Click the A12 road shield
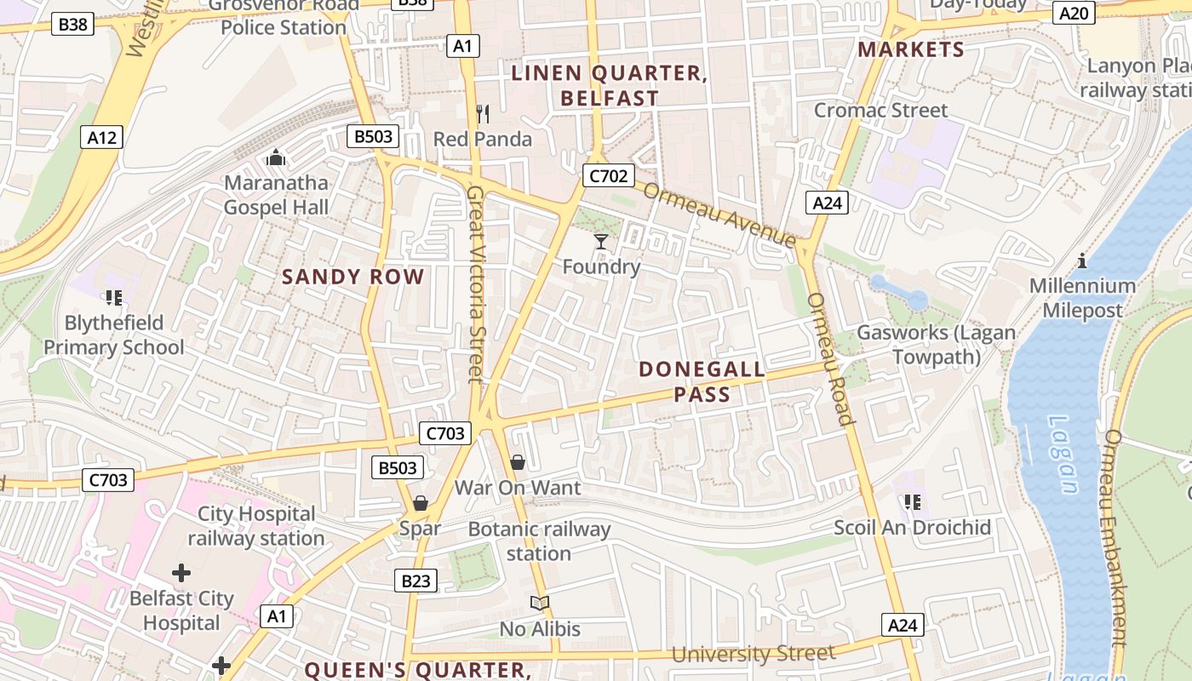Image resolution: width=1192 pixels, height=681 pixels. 102,136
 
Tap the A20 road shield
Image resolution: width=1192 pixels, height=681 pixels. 1075,13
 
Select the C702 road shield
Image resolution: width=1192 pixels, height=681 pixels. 609,176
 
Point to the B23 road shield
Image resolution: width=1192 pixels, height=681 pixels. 415,581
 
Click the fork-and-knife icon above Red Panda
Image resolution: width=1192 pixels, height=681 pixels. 483,113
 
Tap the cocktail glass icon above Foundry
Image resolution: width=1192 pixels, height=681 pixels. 601,242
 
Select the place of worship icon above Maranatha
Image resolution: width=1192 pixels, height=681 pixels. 275,157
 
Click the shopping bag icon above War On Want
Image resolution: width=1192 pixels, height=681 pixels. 517,462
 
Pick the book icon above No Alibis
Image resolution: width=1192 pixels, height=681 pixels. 540,603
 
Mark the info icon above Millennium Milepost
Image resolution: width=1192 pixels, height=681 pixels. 1082,260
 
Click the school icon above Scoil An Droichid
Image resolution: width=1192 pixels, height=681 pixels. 913,502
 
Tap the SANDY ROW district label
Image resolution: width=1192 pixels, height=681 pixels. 352,277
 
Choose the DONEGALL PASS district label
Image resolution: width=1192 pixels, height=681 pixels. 702,382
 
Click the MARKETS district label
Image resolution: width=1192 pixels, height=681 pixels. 911,49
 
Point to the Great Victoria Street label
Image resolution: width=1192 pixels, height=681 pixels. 475,285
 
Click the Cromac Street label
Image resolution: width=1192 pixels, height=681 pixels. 880,110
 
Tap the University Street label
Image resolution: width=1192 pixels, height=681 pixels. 754,654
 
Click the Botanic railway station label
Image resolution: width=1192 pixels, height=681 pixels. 540,541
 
